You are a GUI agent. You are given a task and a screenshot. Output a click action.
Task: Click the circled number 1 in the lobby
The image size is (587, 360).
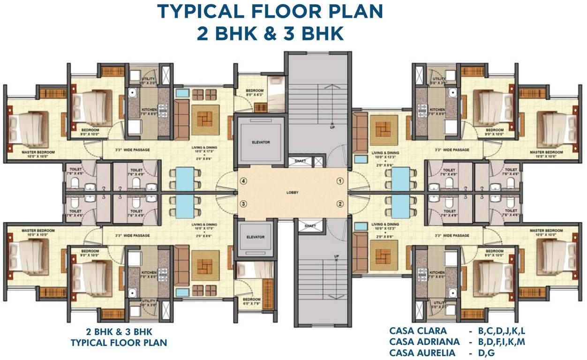tap(340, 181)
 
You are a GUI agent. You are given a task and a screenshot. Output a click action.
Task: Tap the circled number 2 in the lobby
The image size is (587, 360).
tap(340, 203)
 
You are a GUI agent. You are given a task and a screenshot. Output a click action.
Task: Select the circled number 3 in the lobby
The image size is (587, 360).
tap(243, 203)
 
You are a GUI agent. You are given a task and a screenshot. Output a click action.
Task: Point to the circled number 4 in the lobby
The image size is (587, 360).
tap(243, 181)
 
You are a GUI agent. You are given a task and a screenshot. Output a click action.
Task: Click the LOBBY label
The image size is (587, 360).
tap(293, 193)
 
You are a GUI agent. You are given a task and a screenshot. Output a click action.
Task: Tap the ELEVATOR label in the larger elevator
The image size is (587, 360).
tap(261, 142)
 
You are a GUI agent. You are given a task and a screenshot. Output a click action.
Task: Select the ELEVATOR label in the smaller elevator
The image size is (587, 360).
tap(256, 237)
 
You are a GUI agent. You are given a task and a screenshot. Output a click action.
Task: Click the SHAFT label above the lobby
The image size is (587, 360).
tap(301, 161)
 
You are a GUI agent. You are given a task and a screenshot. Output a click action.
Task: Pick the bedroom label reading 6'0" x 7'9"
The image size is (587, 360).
tap(251, 301)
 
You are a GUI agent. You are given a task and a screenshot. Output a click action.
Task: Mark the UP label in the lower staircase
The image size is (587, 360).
tap(336, 256)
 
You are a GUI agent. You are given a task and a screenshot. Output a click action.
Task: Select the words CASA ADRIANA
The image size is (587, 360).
tap(423, 342)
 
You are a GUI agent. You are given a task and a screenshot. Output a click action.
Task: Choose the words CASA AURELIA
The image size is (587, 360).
tap(422, 352)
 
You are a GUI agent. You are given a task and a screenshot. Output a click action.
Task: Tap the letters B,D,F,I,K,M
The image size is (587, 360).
tap(502, 342)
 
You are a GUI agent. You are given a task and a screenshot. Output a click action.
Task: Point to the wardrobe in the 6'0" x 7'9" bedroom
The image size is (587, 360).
tap(268, 286)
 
